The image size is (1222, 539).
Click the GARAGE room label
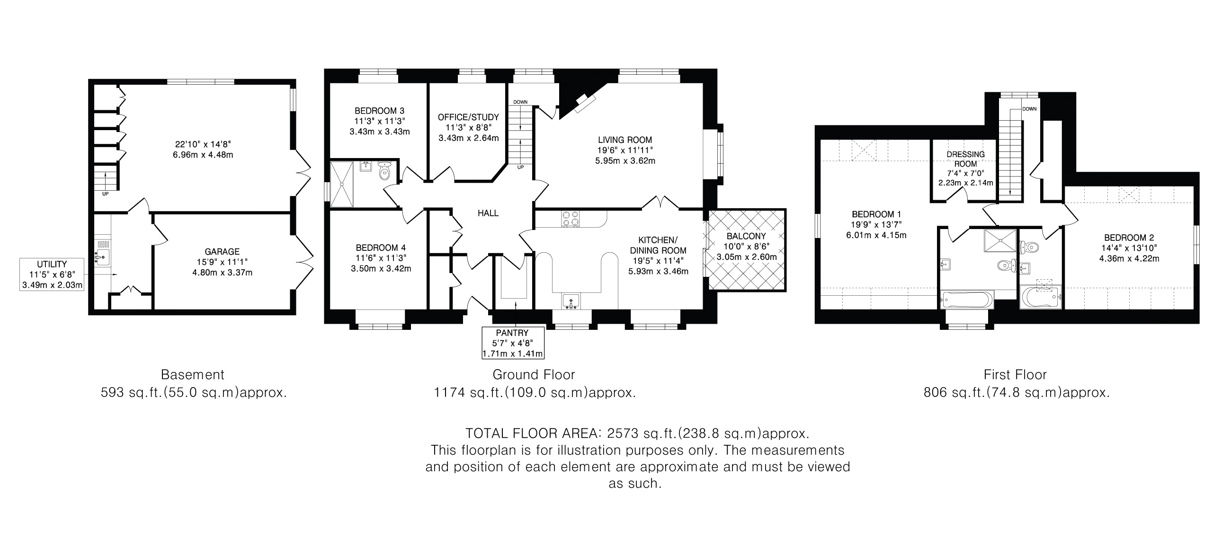(x=222, y=252)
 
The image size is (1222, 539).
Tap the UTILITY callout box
(x=52, y=274)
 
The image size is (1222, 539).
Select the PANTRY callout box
(x=512, y=343)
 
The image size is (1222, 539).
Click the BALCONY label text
(x=746, y=236)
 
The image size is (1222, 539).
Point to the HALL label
(x=488, y=213)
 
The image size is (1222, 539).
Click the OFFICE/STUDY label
(x=468, y=117)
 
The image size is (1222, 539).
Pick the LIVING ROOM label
(x=625, y=140)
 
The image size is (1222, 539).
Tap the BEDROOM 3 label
(x=380, y=111)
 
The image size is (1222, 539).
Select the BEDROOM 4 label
(x=381, y=247)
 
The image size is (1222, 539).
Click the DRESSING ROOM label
(x=965, y=159)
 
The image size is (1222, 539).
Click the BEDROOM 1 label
(x=877, y=214)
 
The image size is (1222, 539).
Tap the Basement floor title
(x=193, y=374)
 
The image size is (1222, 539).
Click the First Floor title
(x=1015, y=374)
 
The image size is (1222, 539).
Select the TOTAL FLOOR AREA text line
(x=637, y=433)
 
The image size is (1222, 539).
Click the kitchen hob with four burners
(x=571, y=218)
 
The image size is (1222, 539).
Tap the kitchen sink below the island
(x=571, y=301)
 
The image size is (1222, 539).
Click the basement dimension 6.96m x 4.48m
(x=204, y=155)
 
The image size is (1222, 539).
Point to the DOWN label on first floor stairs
(x=1029, y=109)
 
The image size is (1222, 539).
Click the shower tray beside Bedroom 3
(x=342, y=185)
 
